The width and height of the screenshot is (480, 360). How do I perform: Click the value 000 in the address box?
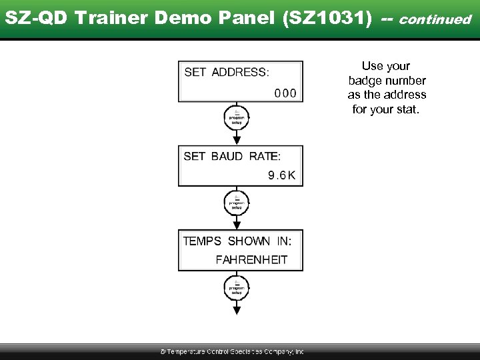click(285, 93)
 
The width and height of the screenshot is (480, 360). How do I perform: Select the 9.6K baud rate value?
click(281, 175)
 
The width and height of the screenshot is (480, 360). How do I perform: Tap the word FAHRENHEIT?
click(251, 260)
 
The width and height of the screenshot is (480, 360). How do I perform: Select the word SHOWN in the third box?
click(249, 241)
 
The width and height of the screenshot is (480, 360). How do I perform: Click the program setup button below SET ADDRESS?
click(237, 117)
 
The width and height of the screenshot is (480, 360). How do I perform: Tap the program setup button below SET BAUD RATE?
click(237, 202)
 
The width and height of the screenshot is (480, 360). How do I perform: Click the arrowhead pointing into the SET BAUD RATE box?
click(237, 140)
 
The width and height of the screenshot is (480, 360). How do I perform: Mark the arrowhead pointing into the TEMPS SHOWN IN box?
click(237, 225)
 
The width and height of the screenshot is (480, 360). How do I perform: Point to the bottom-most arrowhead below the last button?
click(237, 310)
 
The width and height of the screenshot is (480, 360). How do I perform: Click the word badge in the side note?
click(364, 80)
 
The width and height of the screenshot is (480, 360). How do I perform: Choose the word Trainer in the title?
click(106, 18)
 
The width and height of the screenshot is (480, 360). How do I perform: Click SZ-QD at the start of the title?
click(37, 18)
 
